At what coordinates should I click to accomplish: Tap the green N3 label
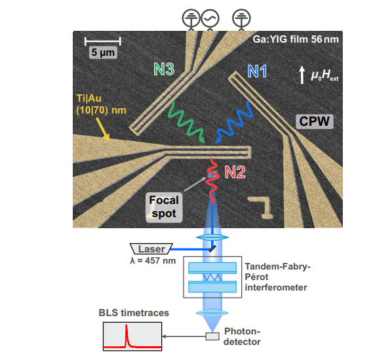click(164, 69)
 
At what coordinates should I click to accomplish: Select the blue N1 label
click(257, 71)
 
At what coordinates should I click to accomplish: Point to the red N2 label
click(235, 173)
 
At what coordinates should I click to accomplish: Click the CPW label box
click(315, 121)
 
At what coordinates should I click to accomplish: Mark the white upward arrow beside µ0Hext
click(302, 74)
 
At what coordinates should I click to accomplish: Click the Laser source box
click(151, 249)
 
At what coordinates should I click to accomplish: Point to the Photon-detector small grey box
click(212, 336)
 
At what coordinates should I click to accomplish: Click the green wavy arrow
click(187, 122)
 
